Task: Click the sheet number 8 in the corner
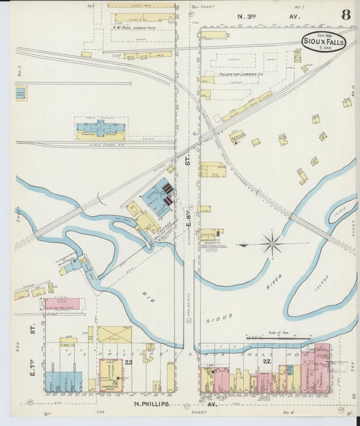(345, 15)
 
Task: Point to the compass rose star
(272, 244)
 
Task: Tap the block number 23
(128, 363)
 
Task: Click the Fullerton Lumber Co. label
(232, 75)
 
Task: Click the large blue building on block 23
(63, 381)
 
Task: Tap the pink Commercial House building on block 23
(111, 375)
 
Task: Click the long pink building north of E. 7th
(61, 304)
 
